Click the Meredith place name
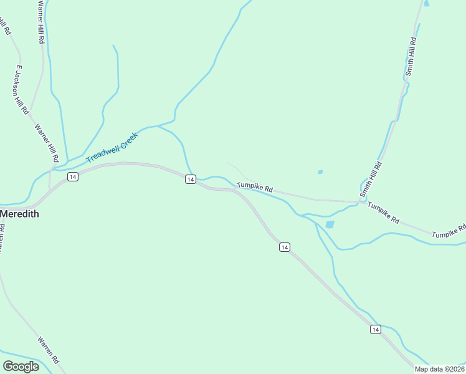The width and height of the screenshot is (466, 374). [x=19, y=214]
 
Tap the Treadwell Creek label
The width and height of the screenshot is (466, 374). [x=112, y=147]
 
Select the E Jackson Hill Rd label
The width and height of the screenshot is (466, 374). [x=21, y=89]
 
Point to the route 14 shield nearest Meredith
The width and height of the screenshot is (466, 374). [x=73, y=177]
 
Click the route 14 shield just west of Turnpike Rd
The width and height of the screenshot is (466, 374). [x=191, y=180]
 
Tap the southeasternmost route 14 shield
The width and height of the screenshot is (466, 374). [x=375, y=329]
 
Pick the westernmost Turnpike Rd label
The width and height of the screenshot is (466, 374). [x=255, y=188]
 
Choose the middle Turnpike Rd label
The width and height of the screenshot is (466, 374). [x=383, y=213]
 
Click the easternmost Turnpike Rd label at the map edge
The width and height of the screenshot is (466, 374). [x=450, y=231]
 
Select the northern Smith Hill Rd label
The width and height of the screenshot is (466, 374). [x=411, y=57]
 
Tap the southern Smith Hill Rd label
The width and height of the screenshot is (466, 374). [x=373, y=180]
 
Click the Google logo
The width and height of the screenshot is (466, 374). [x=21, y=367]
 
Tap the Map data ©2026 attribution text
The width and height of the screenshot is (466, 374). [x=439, y=369]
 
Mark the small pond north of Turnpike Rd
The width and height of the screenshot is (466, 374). [x=320, y=172]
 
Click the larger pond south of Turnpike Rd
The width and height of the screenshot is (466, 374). [x=330, y=224]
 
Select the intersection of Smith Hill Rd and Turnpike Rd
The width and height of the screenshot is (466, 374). [x=362, y=201]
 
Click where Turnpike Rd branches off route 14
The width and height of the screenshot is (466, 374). [x=235, y=190]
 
